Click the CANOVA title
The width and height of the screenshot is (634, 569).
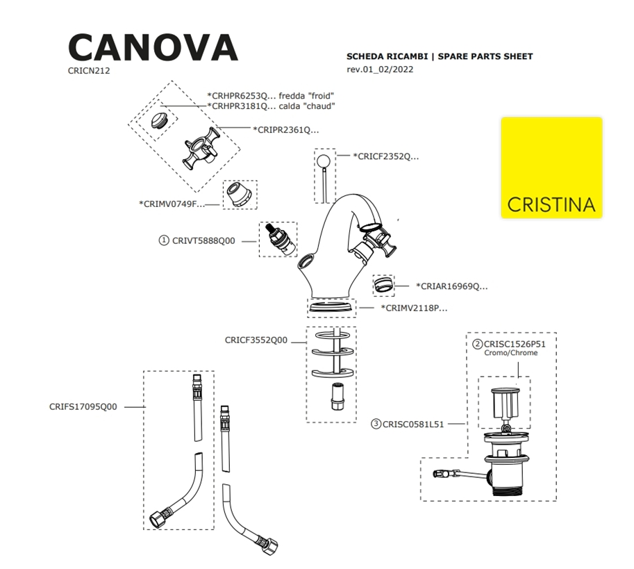(153, 47)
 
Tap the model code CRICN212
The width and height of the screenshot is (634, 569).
(89, 70)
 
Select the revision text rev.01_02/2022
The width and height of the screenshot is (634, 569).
(380, 69)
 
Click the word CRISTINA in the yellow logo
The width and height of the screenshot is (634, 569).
(551, 205)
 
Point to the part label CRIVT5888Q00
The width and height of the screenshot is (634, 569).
(203, 240)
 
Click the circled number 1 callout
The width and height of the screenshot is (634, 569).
(164, 240)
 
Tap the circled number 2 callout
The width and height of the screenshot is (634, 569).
(478, 343)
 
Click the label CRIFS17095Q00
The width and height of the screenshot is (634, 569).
(83, 407)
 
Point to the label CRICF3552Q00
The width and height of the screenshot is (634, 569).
(256, 340)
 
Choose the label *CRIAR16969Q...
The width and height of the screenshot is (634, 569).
(451, 286)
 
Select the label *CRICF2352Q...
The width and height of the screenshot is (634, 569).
(386, 156)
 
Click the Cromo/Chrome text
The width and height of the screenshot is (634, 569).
(510, 353)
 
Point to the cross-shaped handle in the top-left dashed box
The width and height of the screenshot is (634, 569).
(201, 150)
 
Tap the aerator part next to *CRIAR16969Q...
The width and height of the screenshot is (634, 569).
(383, 285)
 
